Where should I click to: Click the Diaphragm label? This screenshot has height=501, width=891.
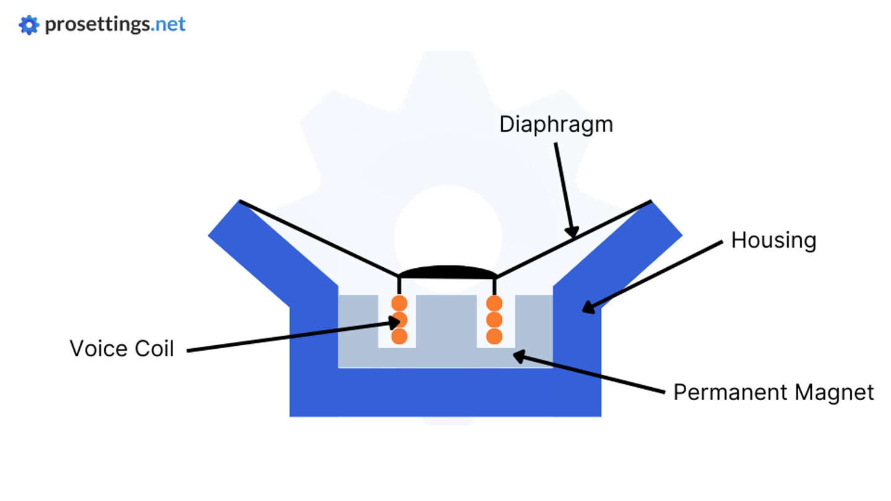pyautogui.click(x=556, y=124)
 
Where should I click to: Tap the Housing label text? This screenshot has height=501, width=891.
pyautogui.click(x=773, y=240)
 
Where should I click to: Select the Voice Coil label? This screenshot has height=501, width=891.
pyautogui.click(x=121, y=348)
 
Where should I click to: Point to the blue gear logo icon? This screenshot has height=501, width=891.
pyautogui.click(x=29, y=25)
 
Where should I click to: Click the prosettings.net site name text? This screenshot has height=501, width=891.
pyautogui.click(x=115, y=25)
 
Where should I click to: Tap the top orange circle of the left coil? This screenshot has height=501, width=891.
pyautogui.click(x=400, y=303)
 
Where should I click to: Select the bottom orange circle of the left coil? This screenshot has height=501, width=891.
pyautogui.click(x=400, y=336)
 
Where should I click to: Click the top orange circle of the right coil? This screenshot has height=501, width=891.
pyautogui.click(x=494, y=303)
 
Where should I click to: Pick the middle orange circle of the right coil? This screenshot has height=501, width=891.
pyautogui.click(x=494, y=320)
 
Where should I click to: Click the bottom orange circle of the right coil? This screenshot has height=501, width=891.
pyautogui.click(x=494, y=336)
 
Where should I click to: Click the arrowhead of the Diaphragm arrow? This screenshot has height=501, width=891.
pyautogui.click(x=574, y=233)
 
